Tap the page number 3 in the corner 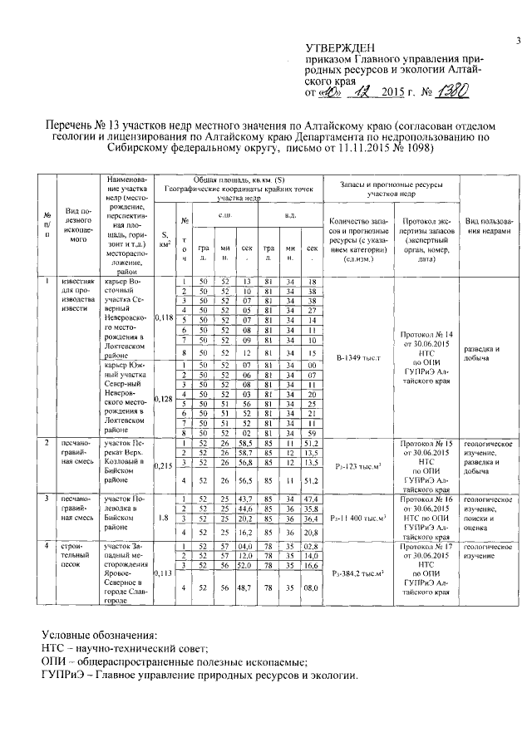517,40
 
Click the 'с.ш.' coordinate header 224,215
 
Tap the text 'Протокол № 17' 426,548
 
